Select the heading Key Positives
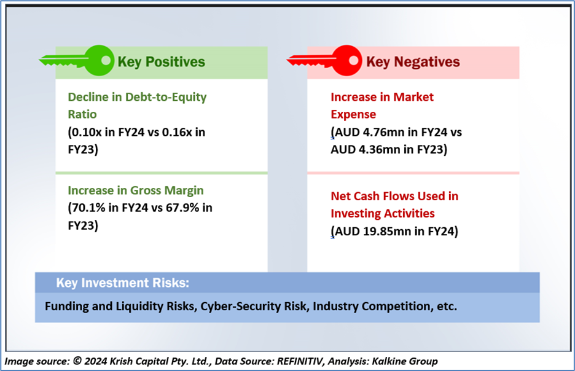[x=162, y=62]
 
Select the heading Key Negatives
[x=413, y=62]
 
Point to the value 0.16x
[x=177, y=132]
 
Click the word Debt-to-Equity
[x=166, y=97]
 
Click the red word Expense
[x=353, y=114]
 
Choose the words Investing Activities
[x=383, y=213]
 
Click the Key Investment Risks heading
[x=122, y=283]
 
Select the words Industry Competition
[x=372, y=306]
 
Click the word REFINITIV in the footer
[x=300, y=361]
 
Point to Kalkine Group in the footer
[x=404, y=361]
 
